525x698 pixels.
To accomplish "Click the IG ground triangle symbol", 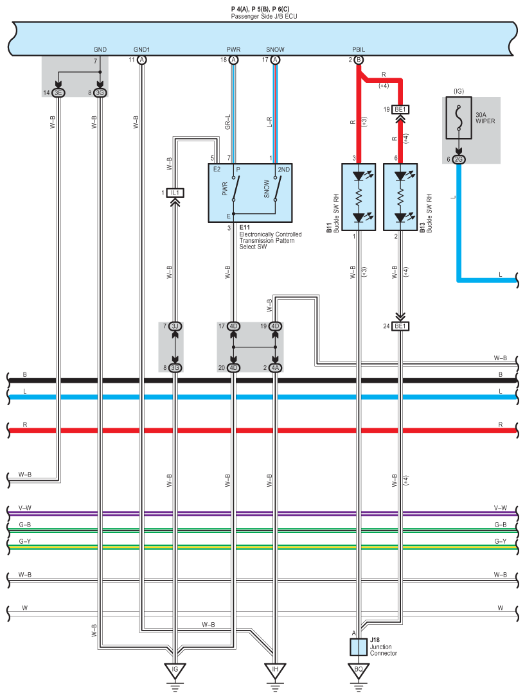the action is tap(175, 670).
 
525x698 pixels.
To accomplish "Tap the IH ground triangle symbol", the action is tap(275, 670).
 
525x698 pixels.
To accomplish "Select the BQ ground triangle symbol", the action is tap(359, 670).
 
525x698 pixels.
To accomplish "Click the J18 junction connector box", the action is tap(359, 647).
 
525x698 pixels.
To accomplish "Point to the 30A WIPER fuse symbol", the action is tap(459, 118).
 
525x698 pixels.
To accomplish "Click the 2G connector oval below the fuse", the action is tap(459, 159).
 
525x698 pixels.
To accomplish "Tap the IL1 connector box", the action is tap(175, 193).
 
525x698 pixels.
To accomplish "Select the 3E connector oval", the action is tap(58, 92).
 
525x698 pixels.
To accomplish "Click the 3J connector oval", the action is tap(175, 326).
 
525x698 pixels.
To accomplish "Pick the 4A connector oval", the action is tap(275, 368).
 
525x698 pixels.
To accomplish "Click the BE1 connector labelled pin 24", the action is tap(400, 326).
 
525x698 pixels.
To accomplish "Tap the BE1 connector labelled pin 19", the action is tap(400, 110).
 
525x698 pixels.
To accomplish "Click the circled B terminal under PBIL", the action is tap(359, 60).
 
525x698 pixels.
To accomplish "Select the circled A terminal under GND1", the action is tap(141, 60).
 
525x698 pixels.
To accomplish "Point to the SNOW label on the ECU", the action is tap(275, 49).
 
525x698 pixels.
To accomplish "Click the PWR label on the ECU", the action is tap(233, 49).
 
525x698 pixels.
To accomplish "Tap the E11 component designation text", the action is tap(244, 227).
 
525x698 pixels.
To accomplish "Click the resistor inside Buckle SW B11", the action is tap(359, 196).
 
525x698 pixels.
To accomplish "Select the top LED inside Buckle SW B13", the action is tap(401, 176).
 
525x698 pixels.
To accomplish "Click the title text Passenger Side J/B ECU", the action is tap(263, 17).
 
